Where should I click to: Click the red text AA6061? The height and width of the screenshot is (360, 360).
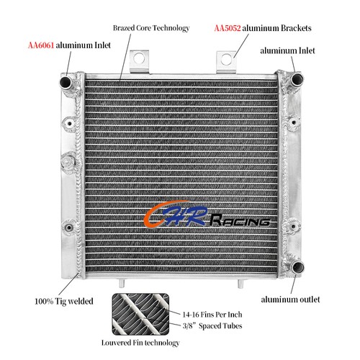pyautogui.click(x=41, y=45)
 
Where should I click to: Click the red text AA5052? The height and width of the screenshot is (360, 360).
pyautogui.click(x=228, y=28)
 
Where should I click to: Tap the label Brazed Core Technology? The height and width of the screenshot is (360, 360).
pyautogui.click(x=151, y=28)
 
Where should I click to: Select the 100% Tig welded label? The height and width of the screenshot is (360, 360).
pyautogui.click(x=64, y=301)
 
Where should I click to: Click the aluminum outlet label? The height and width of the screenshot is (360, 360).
pyautogui.click(x=290, y=300)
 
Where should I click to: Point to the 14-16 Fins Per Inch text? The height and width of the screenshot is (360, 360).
pyautogui.click(x=212, y=315)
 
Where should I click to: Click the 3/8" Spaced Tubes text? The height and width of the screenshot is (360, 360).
pyautogui.click(x=212, y=325)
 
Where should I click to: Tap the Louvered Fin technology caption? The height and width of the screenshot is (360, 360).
pyautogui.click(x=140, y=343)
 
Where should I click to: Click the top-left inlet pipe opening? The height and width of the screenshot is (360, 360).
pyautogui.click(x=66, y=82)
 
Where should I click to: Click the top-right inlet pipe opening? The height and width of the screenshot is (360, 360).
pyautogui.click(x=297, y=78)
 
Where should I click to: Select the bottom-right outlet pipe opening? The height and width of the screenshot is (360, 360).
pyautogui.click(x=298, y=267)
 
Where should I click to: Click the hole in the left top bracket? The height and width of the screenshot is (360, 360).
pyautogui.click(x=139, y=58)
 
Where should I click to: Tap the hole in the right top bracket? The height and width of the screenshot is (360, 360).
pyautogui.click(x=226, y=59)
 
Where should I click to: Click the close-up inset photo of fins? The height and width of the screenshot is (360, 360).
pyautogui.click(x=140, y=314)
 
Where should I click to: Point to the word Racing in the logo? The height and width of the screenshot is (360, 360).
pyautogui.click(x=240, y=220)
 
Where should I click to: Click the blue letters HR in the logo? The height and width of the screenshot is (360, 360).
pyautogui.click(x=186, y=215)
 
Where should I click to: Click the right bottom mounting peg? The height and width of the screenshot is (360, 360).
pyautogui.click(x=240, y=284)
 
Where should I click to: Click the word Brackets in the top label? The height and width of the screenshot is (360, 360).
pyautogui.click(x=296, y=28)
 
